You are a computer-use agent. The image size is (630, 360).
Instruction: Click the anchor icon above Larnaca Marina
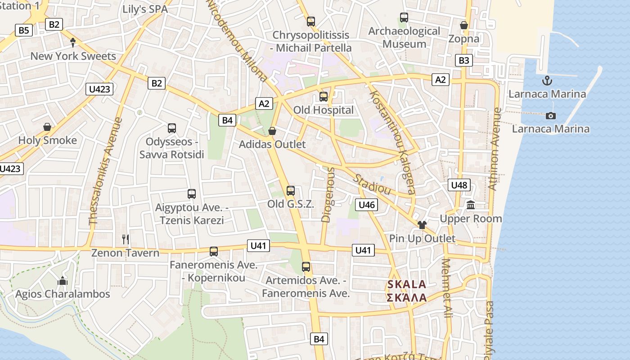pos(547,81)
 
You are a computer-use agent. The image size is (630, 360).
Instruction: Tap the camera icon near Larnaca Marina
pos(550,116)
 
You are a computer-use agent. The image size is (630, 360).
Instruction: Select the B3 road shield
pos(464,60)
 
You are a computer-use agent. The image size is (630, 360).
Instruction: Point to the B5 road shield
pos(24,30)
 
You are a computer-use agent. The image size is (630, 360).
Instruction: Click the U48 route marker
pos(459,185)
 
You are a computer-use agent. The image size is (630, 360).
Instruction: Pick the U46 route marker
pos(367,205)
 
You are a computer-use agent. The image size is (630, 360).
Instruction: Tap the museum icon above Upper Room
pos(471,206)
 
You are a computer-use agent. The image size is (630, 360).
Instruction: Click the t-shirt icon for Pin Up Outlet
pos(422,225)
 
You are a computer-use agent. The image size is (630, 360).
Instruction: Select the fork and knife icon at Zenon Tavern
pos(126,239)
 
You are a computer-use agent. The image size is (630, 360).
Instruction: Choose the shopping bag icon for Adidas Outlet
pos(272,131)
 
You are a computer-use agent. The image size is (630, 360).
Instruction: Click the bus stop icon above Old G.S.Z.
pos(291,190)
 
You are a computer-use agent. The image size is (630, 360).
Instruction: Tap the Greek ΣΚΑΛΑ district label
pos(407,297)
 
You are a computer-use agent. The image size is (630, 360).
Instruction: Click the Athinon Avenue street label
pos(495,148)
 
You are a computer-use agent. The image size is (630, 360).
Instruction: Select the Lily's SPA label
pos(145,9)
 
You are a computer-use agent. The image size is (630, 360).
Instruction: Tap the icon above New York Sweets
pos(73,42)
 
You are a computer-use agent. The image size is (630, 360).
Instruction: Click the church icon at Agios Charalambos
pos(63,281)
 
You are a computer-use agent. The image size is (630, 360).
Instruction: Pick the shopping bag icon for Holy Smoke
pos(47,127)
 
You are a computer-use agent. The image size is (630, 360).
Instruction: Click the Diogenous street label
pos(328,194)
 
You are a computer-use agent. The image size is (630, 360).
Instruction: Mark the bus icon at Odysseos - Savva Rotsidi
pos(172,128)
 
